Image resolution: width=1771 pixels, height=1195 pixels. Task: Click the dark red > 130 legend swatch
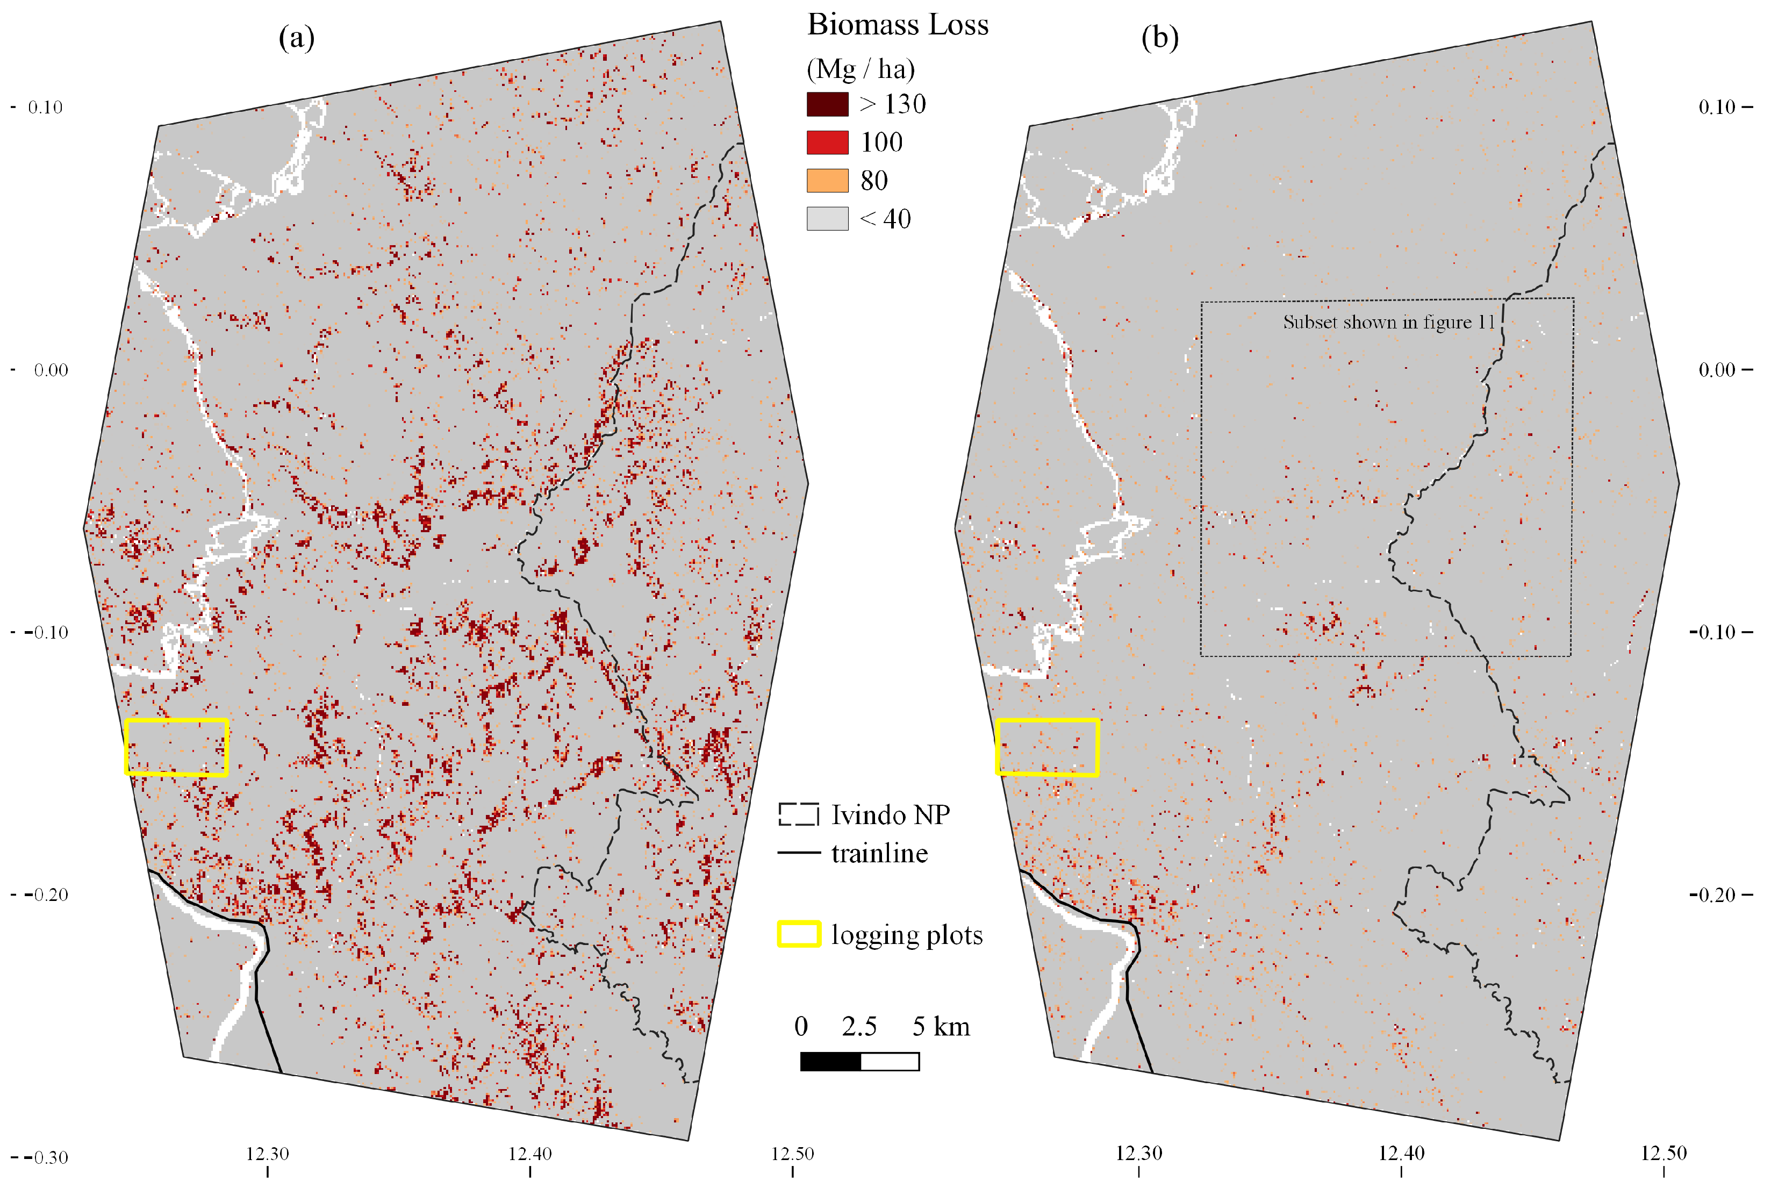[x=827, y=104]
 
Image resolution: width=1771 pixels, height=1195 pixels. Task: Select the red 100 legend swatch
[x=827, y=142]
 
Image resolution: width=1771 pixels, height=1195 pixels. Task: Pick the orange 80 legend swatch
[x=827, y=181]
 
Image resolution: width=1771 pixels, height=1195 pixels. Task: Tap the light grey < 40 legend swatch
[x=827, y=219]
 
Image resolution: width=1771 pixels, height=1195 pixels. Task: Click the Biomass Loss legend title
[x=898, y=25]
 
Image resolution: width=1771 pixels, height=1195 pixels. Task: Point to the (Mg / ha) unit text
[x=861, y=69]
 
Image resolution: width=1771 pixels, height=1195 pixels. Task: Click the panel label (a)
[x=297, y=37]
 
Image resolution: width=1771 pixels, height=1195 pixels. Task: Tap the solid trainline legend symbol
[x=798, y=853]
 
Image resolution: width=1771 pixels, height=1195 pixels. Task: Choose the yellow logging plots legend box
[x=798, y=934]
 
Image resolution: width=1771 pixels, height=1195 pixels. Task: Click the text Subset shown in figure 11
[x=1388, y=323]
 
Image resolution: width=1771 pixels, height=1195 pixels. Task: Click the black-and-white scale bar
[x=859, y=1062]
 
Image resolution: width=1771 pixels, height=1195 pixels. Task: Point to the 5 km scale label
[x=941, y=1027]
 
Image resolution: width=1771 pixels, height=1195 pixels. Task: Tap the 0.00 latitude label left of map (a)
[x=51, y=370]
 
